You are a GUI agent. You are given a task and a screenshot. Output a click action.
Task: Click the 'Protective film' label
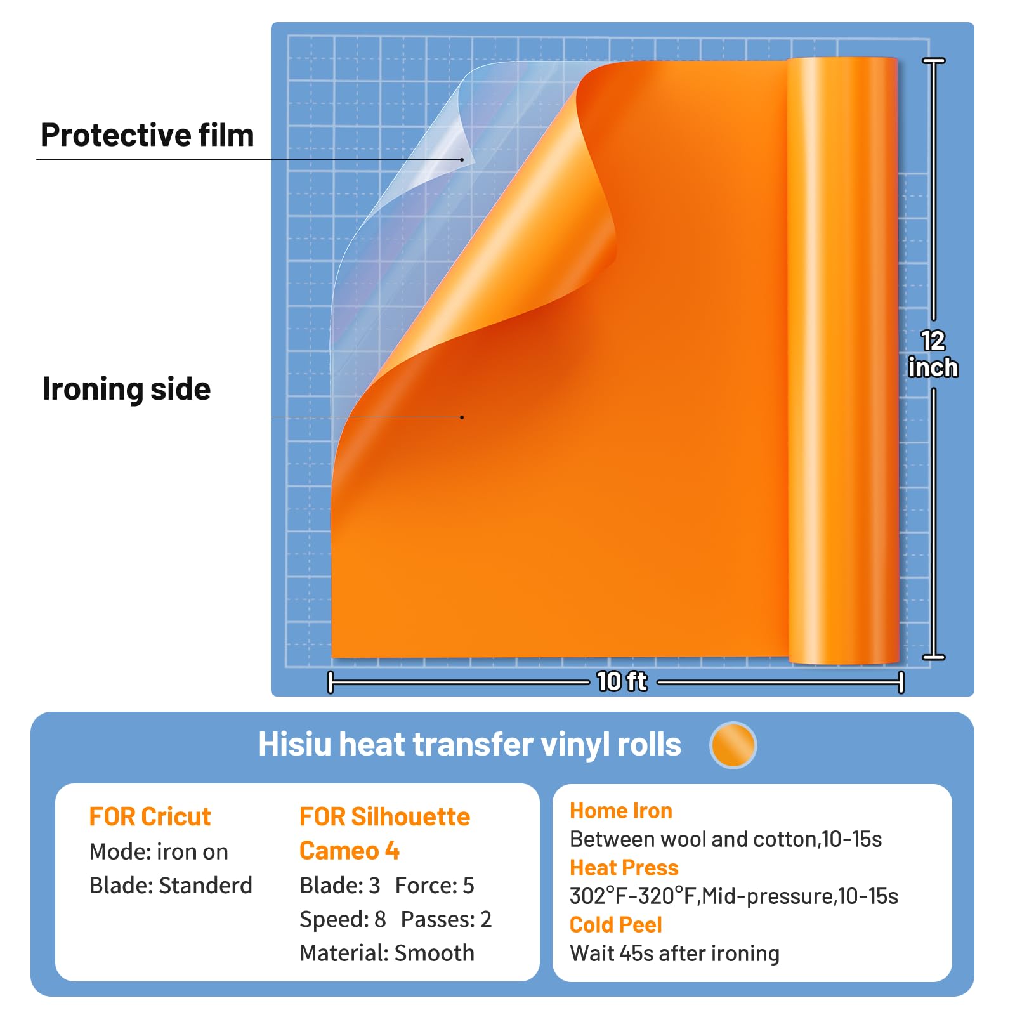click(x=147, y=135)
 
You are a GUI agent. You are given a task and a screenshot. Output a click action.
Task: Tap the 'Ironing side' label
click(x=126, y=389)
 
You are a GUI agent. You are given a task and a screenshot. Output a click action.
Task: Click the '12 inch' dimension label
click(x=933, y=354)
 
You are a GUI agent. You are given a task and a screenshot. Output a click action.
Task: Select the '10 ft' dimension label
click(x=622, y=681)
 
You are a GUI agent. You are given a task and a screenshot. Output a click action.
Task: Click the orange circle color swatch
click(x=733, y=745)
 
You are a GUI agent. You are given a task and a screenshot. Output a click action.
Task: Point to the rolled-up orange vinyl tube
click(x=843, y=361)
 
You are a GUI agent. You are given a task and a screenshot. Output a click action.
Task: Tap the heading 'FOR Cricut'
click(x=150, y=816)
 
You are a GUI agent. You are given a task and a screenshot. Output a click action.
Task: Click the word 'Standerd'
click(x=206, y=885)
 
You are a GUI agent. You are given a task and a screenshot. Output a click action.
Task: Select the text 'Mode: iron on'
click(x=159, y=851)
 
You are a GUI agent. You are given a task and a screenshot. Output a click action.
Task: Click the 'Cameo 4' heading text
click(x=350, y=851)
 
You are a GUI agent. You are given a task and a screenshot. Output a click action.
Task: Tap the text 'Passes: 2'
click(x=446, y=919)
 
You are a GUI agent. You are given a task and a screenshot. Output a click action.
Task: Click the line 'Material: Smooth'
click(x=387, y=953)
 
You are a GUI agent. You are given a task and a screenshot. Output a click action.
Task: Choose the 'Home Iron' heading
click(x=621, y=811)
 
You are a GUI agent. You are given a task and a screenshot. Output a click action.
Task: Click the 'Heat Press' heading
click(x=624, y=868)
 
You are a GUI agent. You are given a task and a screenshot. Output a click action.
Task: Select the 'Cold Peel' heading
click(x=616, y=925)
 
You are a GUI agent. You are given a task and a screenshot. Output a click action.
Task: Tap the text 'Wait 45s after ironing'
click(x=675, y=953)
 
